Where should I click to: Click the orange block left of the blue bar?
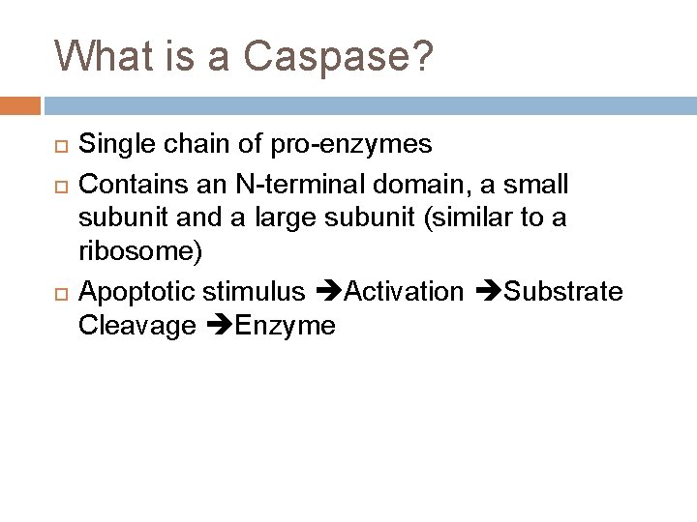[x=19, y=103]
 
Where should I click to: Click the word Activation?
[x=404, y=291]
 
